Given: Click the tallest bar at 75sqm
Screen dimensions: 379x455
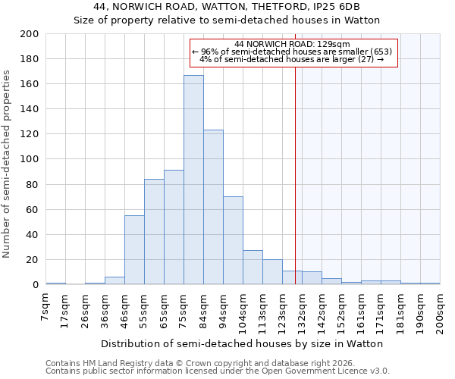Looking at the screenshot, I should tap(193, 180).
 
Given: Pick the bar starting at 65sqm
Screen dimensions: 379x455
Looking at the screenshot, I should tap(174, 227).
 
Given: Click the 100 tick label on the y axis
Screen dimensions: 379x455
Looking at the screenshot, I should tap(30, 159).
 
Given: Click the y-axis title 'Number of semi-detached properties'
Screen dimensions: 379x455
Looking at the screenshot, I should tap(8, 164).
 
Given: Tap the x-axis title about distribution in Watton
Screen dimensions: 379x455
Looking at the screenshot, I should tap(242, 343).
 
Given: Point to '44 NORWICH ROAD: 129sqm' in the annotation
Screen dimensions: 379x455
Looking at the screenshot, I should tap(292, 45).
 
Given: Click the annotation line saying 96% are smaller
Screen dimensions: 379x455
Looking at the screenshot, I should tap(292, 52).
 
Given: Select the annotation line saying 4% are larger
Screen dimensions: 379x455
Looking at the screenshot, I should tap(292, 59).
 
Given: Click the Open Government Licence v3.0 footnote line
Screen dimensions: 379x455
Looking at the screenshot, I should tap(217, 371).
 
